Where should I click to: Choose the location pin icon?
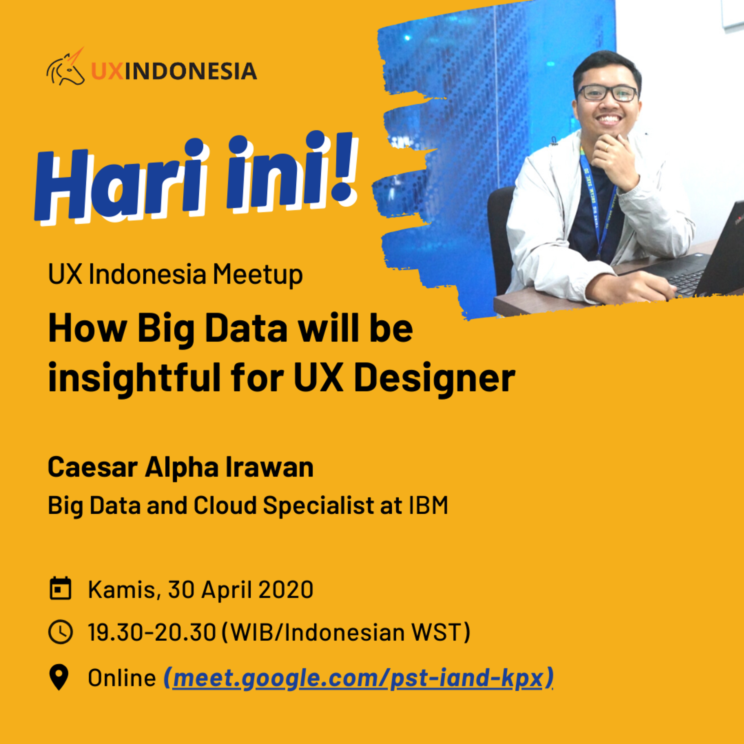coord(59,677)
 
